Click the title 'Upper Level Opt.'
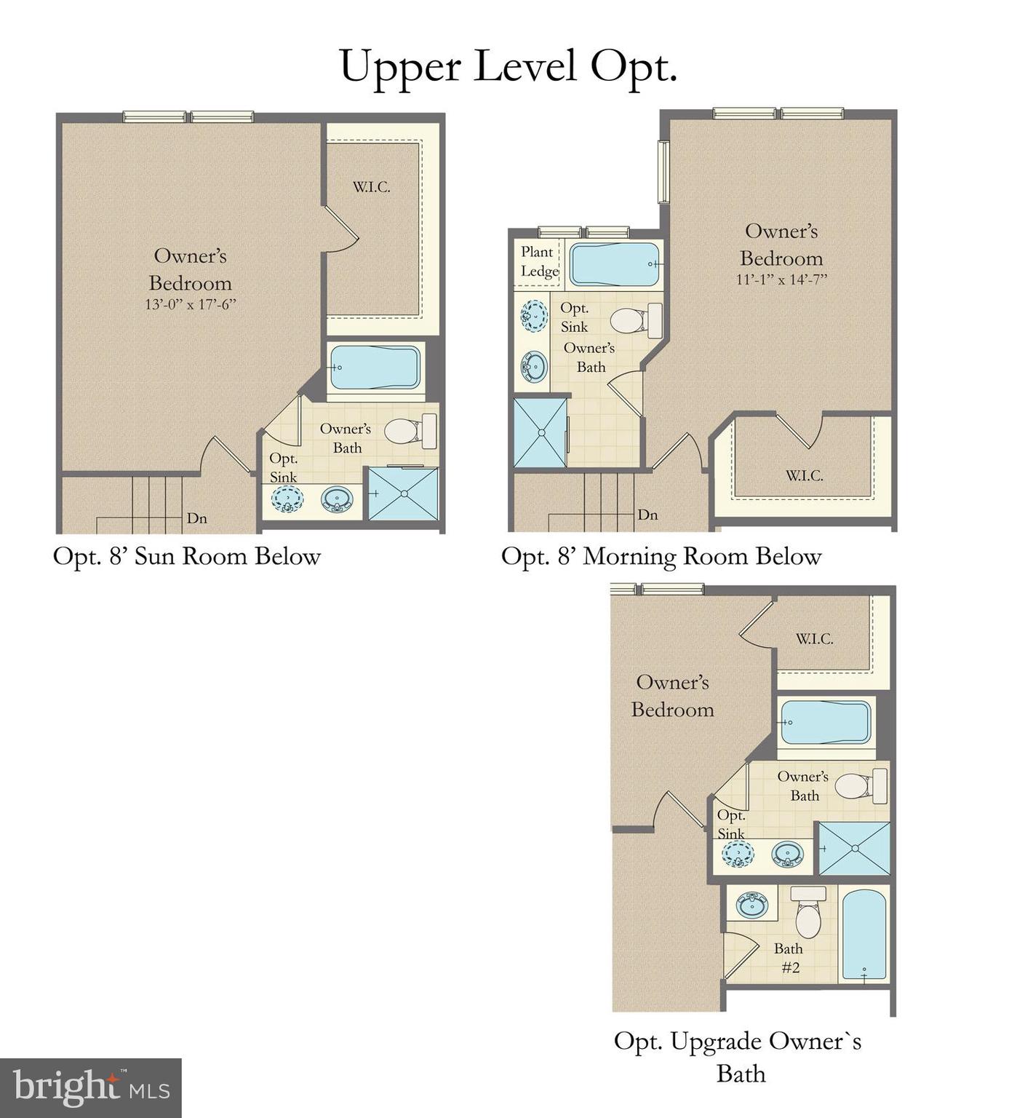pyautogui.click(x=508, y=67)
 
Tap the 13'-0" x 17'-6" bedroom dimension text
pyautogui.click(x=191, y=304)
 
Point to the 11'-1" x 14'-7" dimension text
pyautogui.click(x=781, y=279)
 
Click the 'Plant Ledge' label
pyautogui.click(x=539, y=261)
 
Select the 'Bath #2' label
pyautogui.click(x=789, y=958)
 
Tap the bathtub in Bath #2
pyautogui.click(x=864, y=935)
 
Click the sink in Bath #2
pyautogui.click(x=751, y=905)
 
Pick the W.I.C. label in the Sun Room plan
pyautogui.click(x=372, y=187)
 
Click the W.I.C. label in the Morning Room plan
pyautogui.click(x=804, y=476)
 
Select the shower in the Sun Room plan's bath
pyautogui.click(x=403, y=493)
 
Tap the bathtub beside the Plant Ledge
pyautogui.click(x=615, y=264)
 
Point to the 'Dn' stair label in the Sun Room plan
pyautogui.click(x=196, y=518)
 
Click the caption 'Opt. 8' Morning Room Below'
pyautogui.click(x=661, y=557)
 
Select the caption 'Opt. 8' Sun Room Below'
pyautogui.click(x=187, y=557)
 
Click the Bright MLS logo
pyautogui.click(x=90, y=1087)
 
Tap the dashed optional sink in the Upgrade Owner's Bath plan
pyautogui.click(x=738, y=853)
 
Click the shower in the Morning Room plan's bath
pyautogui.click(x=541, y=433)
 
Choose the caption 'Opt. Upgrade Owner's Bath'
pyautogui.click(x=738, y=1057)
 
